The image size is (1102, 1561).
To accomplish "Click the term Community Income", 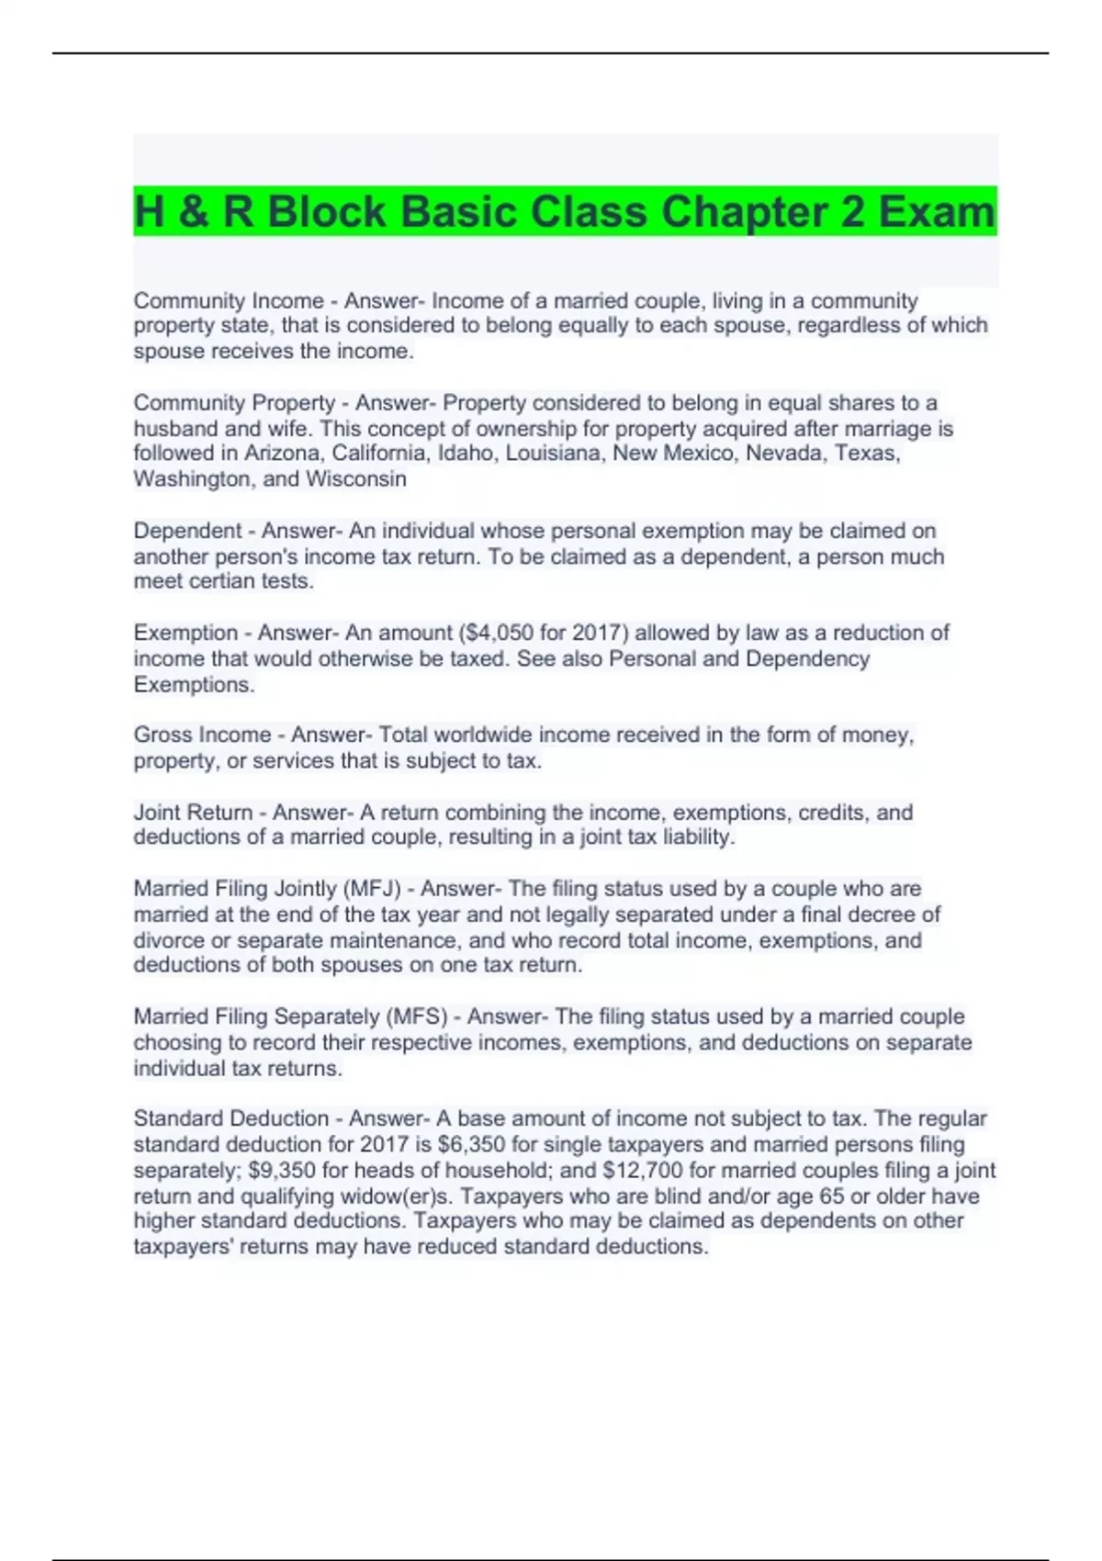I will (x=229, y=301).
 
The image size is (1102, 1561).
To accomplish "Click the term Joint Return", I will (x=193, y=813).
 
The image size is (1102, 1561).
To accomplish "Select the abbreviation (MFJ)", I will (x=372, y=889).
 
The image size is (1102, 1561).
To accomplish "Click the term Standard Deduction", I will (x=231, y=1118).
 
